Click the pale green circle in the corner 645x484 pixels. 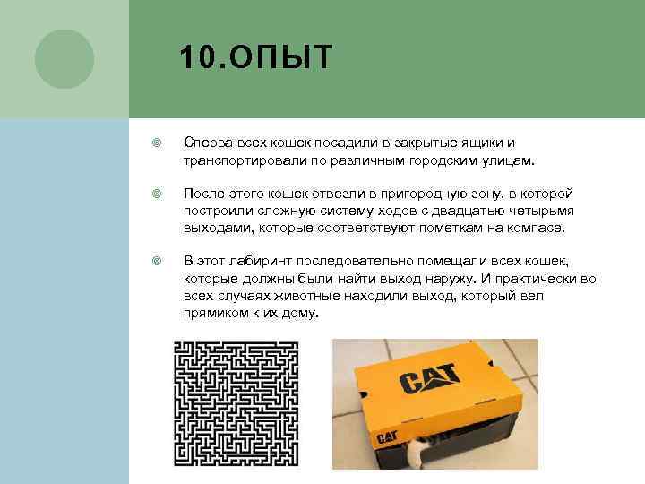(x=64, y=58)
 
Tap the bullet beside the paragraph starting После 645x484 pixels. (x=156, y=194)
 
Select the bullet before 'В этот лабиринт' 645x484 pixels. (x=156, y=262)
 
